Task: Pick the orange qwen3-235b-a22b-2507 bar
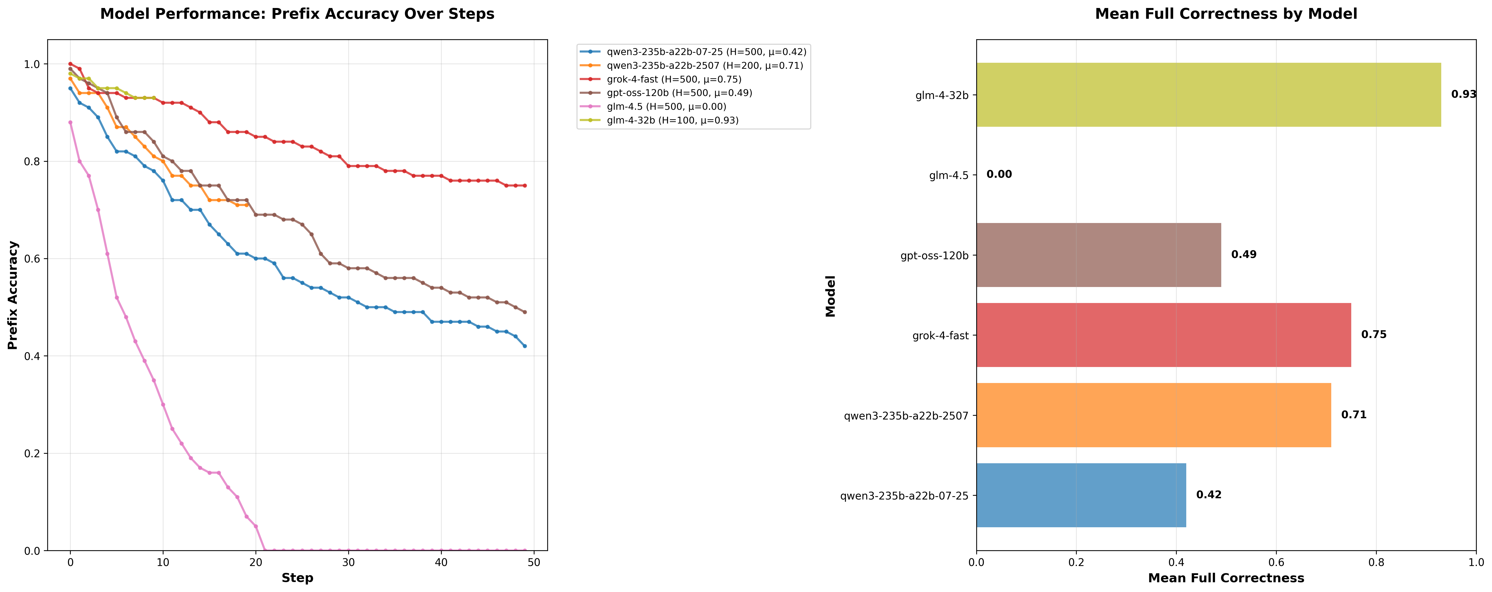(x=1153, y=415)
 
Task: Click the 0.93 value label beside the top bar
(x=1463, y=94)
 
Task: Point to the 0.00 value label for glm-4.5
(x=999, y=174)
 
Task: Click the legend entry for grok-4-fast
(x=673, y=79)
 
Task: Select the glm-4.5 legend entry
(x=666, y=106)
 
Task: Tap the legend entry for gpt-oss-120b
(x=679, y=93)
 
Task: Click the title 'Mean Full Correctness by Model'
(x=1225, y=14)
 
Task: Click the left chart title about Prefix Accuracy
(x=297, y=14)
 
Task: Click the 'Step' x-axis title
(x=297, y=577)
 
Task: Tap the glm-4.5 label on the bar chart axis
(x=949, y=175)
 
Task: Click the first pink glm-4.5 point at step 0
(x=70, y=122)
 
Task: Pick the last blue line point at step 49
(x=525, y=346)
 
